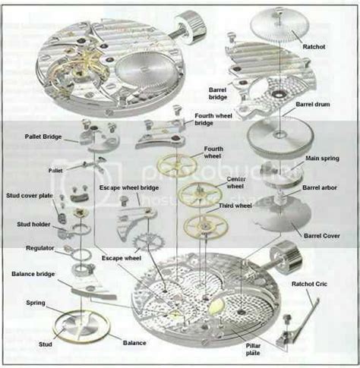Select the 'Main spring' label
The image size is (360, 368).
[322, 159]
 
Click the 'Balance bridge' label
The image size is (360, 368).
[32, 273]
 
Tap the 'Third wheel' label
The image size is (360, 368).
[235, 206]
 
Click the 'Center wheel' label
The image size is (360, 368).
[236, 181]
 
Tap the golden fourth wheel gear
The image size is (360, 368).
[176, 164]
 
